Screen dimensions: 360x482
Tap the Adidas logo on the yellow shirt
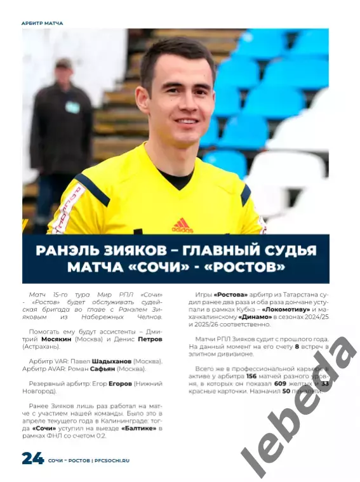point(182,225)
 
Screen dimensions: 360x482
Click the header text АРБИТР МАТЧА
point(43,23)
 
